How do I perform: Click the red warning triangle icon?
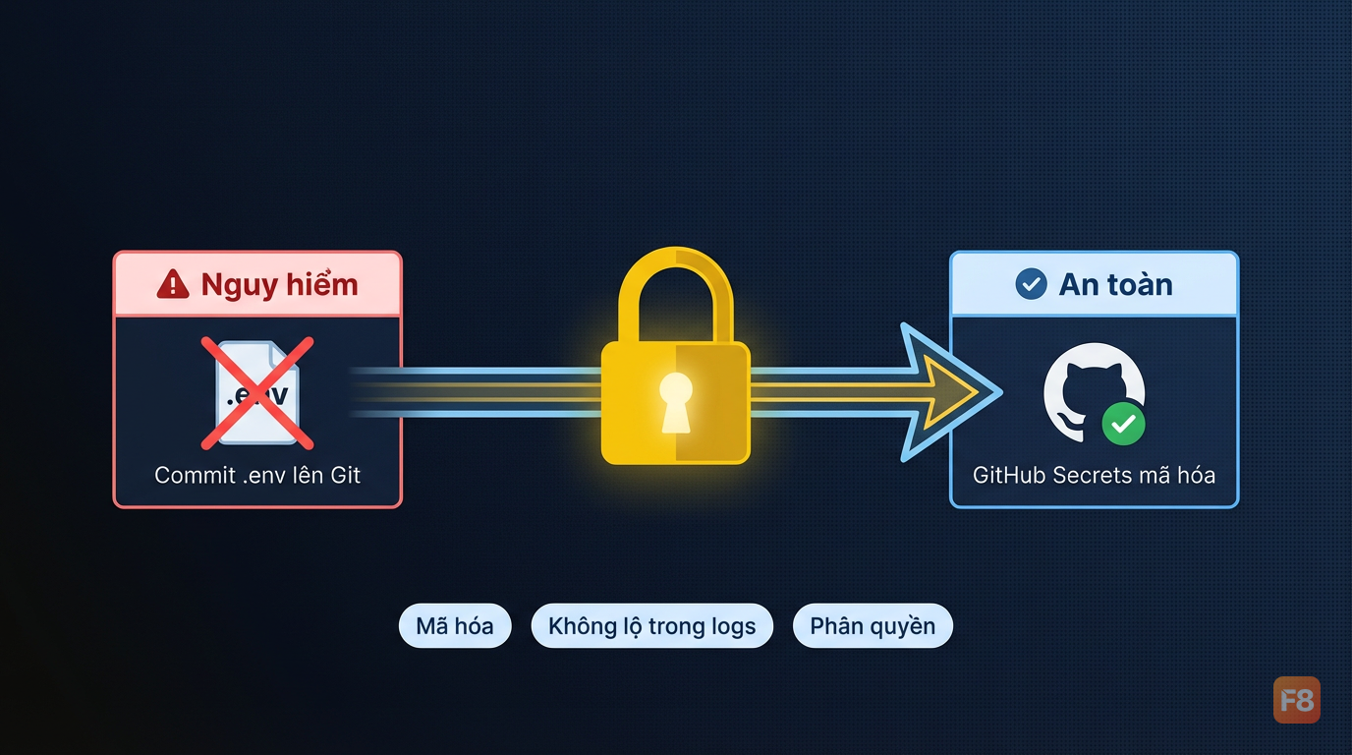click(173, 284)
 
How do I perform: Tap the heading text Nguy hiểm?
click(279, 284)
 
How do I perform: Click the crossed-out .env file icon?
click(257, 393)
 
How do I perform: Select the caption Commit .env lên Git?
click(257, 476)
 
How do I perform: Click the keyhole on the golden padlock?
click(676, 402)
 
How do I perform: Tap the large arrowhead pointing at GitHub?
click(950, 392)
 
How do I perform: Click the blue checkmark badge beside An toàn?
click(1031, 284)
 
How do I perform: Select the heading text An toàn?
click(1116, 284)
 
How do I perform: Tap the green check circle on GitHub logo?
click(1123, 424)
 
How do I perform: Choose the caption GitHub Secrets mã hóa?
click(1094, 476)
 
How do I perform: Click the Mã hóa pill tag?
click(455, 626)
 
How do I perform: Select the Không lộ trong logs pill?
click(651, 626)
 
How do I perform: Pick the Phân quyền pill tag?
click(873, 626)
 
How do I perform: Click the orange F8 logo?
click(1297, 700)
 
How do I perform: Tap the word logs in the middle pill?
click(733, 627)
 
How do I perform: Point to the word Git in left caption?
click(345, 476)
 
